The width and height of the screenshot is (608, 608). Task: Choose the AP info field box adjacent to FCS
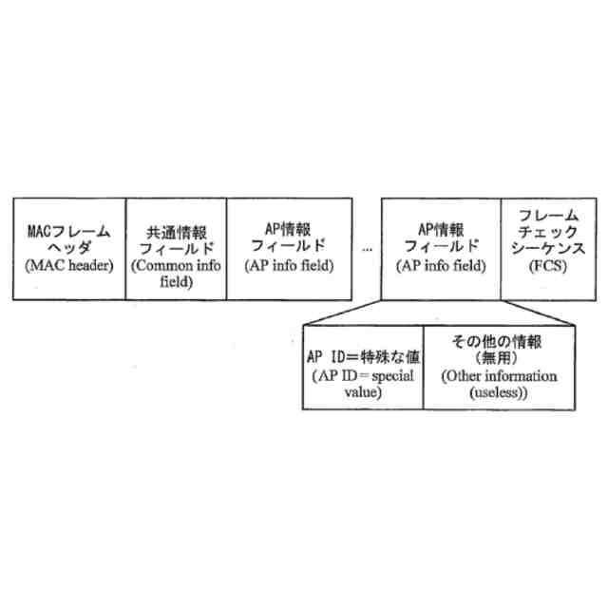tap(440, 249)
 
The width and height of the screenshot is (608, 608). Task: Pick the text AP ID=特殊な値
tap(363, 355)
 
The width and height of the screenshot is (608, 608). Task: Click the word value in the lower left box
tap(362, 389)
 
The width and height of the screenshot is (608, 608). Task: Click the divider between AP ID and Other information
tap(424, 366)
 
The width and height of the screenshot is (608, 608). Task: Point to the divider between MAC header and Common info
tap(127, 249)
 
